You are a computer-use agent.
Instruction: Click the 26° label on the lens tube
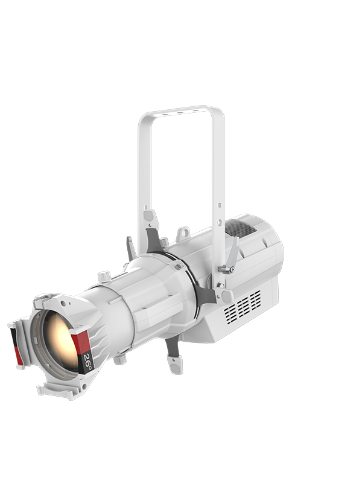[x=87, y=362]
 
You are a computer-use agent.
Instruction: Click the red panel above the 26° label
[x=80, y=342]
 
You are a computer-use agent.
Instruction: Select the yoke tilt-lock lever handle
[x=234, y=252]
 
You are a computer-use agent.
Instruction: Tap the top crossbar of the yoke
[x=181, y=113]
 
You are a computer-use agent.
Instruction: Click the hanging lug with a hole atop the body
[x=183, y=233]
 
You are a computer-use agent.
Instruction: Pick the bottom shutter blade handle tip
[x=175, y=365]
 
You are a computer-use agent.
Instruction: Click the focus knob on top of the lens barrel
[x=104, y=276]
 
